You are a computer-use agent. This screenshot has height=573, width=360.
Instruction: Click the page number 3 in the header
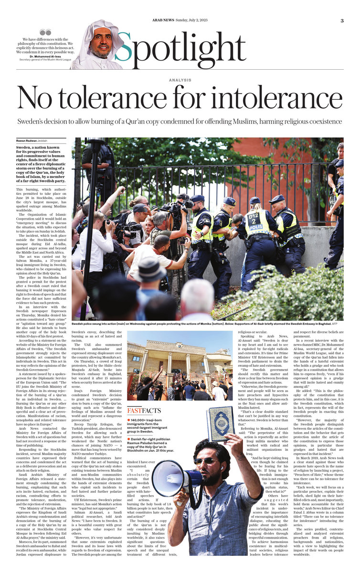pos(342,20)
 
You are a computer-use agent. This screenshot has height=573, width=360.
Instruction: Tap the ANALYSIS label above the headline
pos(180,80)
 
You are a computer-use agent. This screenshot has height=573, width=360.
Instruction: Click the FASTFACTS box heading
pos(145,409)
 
